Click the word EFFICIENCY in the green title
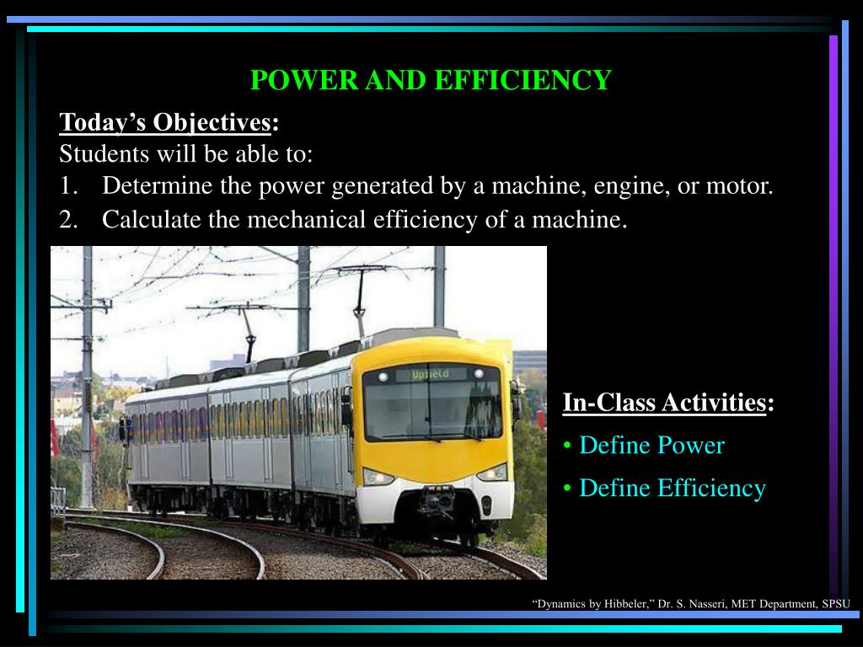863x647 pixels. point(523,80)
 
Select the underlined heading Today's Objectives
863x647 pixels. point(165,123)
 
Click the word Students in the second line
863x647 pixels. point(104,153)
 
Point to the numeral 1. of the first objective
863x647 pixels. point(68,186)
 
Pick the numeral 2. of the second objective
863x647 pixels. point(68,220)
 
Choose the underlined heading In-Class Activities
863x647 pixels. point(664,403)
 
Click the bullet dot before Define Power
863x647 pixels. point(567,446)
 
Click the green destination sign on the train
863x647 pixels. point(431,374)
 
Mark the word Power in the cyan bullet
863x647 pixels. point(691,446)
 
